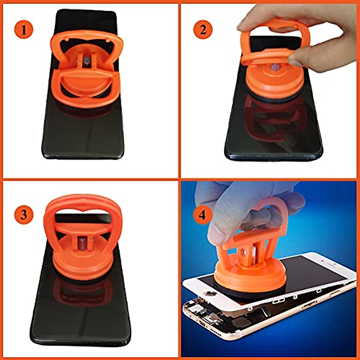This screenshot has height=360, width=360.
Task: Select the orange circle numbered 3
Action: [x=23, y=215]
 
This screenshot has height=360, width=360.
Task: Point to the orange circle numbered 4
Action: [x=203, y=215]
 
